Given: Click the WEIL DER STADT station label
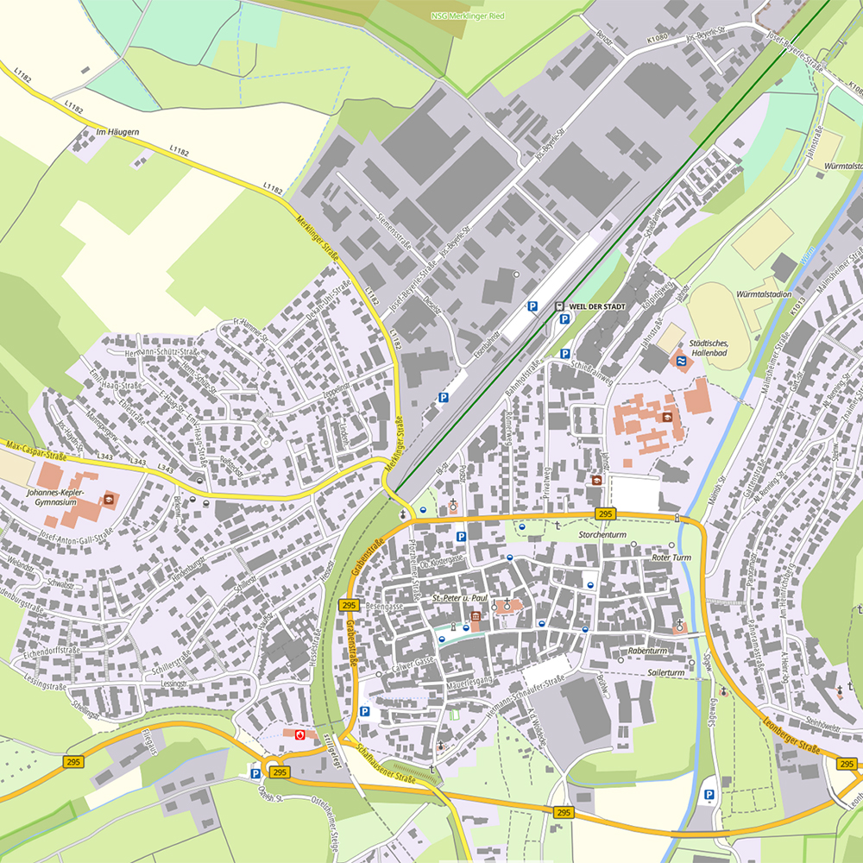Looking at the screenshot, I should [596, 306].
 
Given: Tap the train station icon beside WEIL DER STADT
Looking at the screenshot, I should [559, 306].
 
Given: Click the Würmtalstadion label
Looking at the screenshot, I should [764, 293].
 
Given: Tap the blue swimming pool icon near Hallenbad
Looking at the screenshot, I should [680, 361].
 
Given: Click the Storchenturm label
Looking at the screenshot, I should [602, 535].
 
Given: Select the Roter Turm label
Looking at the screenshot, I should [672, 557].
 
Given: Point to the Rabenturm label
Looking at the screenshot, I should [648, 651].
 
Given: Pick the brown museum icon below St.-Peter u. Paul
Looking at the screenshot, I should [476, 617].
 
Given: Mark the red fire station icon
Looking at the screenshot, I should [299, 734].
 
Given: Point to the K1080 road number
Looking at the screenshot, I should [658, 39].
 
